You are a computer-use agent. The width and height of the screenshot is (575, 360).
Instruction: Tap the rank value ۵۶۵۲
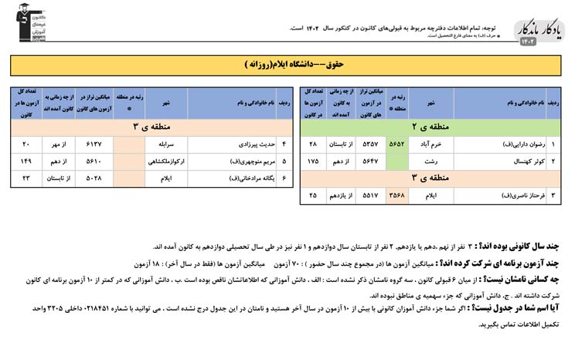(396, 144)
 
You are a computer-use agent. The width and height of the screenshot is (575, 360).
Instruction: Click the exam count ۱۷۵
(313, 161)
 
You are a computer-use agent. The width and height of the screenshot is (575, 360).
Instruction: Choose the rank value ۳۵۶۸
(396, 195)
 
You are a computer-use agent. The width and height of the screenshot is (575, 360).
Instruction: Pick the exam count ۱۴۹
(26, 161)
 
